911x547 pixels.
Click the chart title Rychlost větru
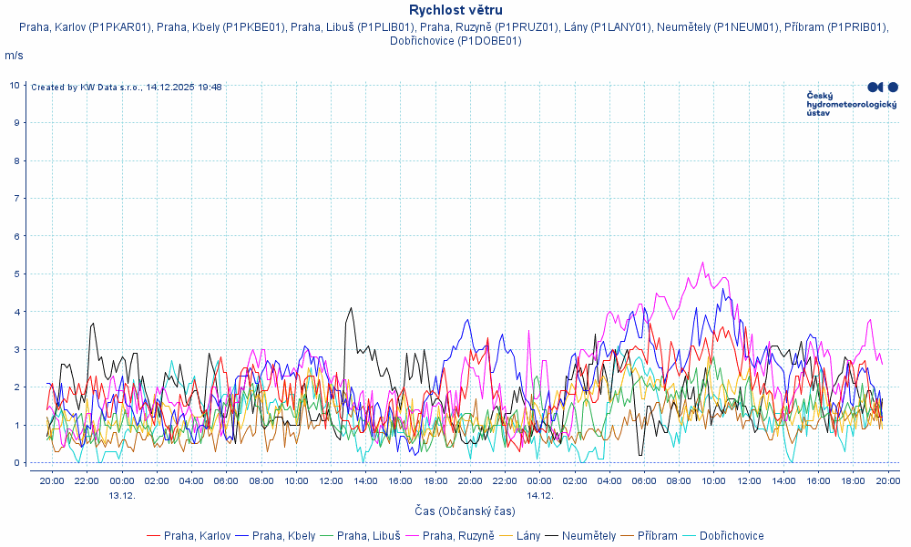(455, 10)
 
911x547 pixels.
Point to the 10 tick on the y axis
(15, 85)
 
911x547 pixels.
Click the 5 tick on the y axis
(15, 273)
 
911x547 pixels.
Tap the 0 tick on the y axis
(15, 462)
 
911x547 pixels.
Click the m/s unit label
(15, 56)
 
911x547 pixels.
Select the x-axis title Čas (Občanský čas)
(466, 511)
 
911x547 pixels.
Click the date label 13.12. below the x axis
(122, 495)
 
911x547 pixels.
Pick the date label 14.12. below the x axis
(540, 495)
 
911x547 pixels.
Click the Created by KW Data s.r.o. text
(127, 88)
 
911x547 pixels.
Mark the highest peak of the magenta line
(702, 263)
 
